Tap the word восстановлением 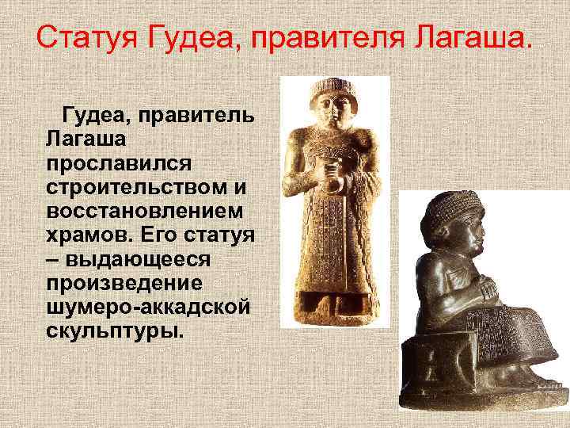tap(146, 215)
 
